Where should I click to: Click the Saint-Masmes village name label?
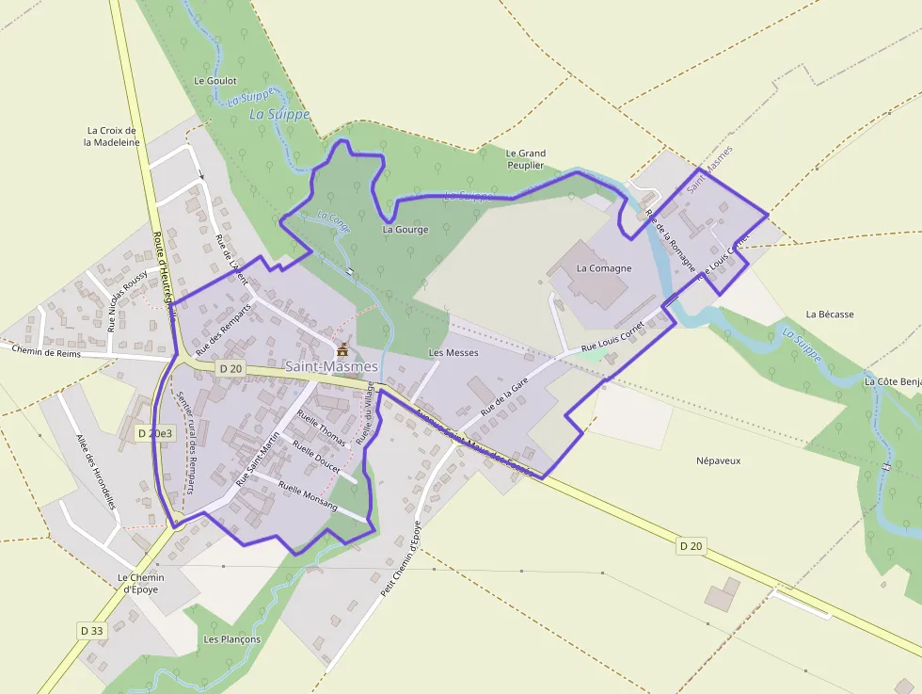coord(330,366)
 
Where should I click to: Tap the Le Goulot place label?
coord(215,81)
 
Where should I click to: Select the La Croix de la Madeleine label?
coord(112,137)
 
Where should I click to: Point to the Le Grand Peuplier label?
coord(525,159)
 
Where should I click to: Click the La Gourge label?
coord(405,230)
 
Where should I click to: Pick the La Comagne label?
coord(604,268)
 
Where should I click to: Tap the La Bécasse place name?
coord(830,315)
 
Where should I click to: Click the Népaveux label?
coord(719,461)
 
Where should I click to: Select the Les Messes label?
coord(453,353)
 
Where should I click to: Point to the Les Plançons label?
coord(232,639)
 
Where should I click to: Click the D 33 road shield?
coord(91,630)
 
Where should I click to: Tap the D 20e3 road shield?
coord(155,433)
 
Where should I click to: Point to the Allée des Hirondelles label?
coord(95,472)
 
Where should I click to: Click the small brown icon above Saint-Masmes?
coord(342,349)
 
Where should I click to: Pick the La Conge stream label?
coord(333,222)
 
